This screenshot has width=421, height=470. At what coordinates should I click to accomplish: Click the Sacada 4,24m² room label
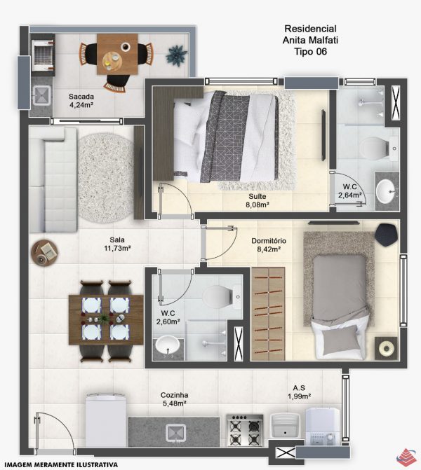coord(81,100)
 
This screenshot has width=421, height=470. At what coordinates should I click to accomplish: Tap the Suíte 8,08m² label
coord(257,200)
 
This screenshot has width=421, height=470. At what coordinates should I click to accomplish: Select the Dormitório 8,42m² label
coord(269,245)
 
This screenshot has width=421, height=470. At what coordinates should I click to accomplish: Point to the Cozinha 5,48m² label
coord(175,399)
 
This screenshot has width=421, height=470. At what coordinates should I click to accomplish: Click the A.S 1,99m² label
coord(299,392)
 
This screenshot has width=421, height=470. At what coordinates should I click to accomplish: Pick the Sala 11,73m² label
coord(117,244)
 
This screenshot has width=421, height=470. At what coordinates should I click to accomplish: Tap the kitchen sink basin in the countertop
coord(175,433)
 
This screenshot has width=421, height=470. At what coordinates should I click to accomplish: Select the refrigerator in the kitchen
coord(106,420)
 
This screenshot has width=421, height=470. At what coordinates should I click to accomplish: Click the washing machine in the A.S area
coord(323,426)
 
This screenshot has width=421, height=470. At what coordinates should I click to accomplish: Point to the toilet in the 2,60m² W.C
coord(222,296)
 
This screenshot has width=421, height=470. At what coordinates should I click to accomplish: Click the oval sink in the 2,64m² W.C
coord(387,191)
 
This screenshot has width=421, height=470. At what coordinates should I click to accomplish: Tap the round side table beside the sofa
coord(44,252)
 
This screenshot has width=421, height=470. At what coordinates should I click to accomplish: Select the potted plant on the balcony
coord(177,55)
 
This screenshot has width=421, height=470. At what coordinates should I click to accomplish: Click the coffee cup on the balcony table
coord(126,47)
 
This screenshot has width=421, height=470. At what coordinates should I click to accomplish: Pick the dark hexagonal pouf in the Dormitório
coord(386,235)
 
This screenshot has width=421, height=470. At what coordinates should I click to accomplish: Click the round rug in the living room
coord(106,178)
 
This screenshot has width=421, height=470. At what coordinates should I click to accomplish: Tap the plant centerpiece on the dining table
coord(105,318)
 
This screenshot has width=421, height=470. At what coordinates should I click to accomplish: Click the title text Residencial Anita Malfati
coord(310,34)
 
